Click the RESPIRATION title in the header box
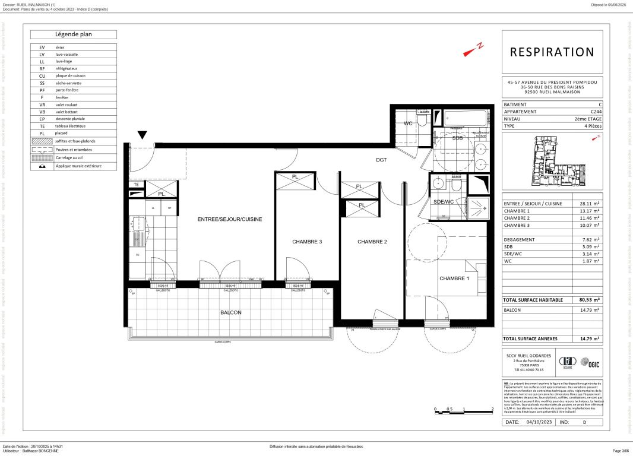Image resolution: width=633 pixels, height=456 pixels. tap(552, 52)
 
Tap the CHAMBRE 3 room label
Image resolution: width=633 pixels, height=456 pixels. tap(307, 242)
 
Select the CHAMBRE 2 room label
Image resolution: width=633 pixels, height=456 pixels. tap(372, 242)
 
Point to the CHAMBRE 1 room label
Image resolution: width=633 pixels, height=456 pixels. tap(454, 278)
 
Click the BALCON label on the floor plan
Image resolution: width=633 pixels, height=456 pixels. tap(231, 312)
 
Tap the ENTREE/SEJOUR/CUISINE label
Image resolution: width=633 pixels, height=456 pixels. tap(230, 219)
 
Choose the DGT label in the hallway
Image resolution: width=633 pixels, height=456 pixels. tap(381, 160)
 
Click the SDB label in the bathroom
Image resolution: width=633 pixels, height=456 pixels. tap(457, 138)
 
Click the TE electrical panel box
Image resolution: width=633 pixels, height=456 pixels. tap(136, 185)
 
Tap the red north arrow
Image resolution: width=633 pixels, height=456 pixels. tap(474, 50)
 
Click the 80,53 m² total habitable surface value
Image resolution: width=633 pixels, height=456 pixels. tap(589, 300)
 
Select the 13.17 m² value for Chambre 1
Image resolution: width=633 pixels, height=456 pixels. tap(588, 210)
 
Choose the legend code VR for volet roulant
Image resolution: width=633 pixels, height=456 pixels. tap(42, 104)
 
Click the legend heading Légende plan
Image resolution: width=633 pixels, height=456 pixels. tap(74, 34)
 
